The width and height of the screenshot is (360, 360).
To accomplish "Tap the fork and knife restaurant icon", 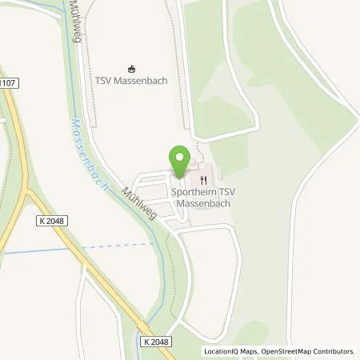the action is [203, 179].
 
